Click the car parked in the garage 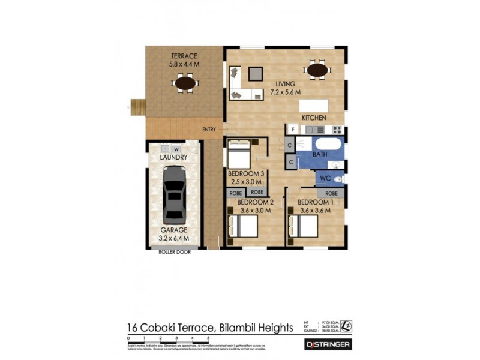174,193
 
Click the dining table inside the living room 317,70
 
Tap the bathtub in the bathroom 326,145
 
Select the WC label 324,178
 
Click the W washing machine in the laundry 176,149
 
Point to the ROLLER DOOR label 175,252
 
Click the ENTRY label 209,130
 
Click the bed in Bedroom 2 243,227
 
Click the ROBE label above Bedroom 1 331,194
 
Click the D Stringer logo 328,344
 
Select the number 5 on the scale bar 208,339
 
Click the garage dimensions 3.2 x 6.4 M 173,238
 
